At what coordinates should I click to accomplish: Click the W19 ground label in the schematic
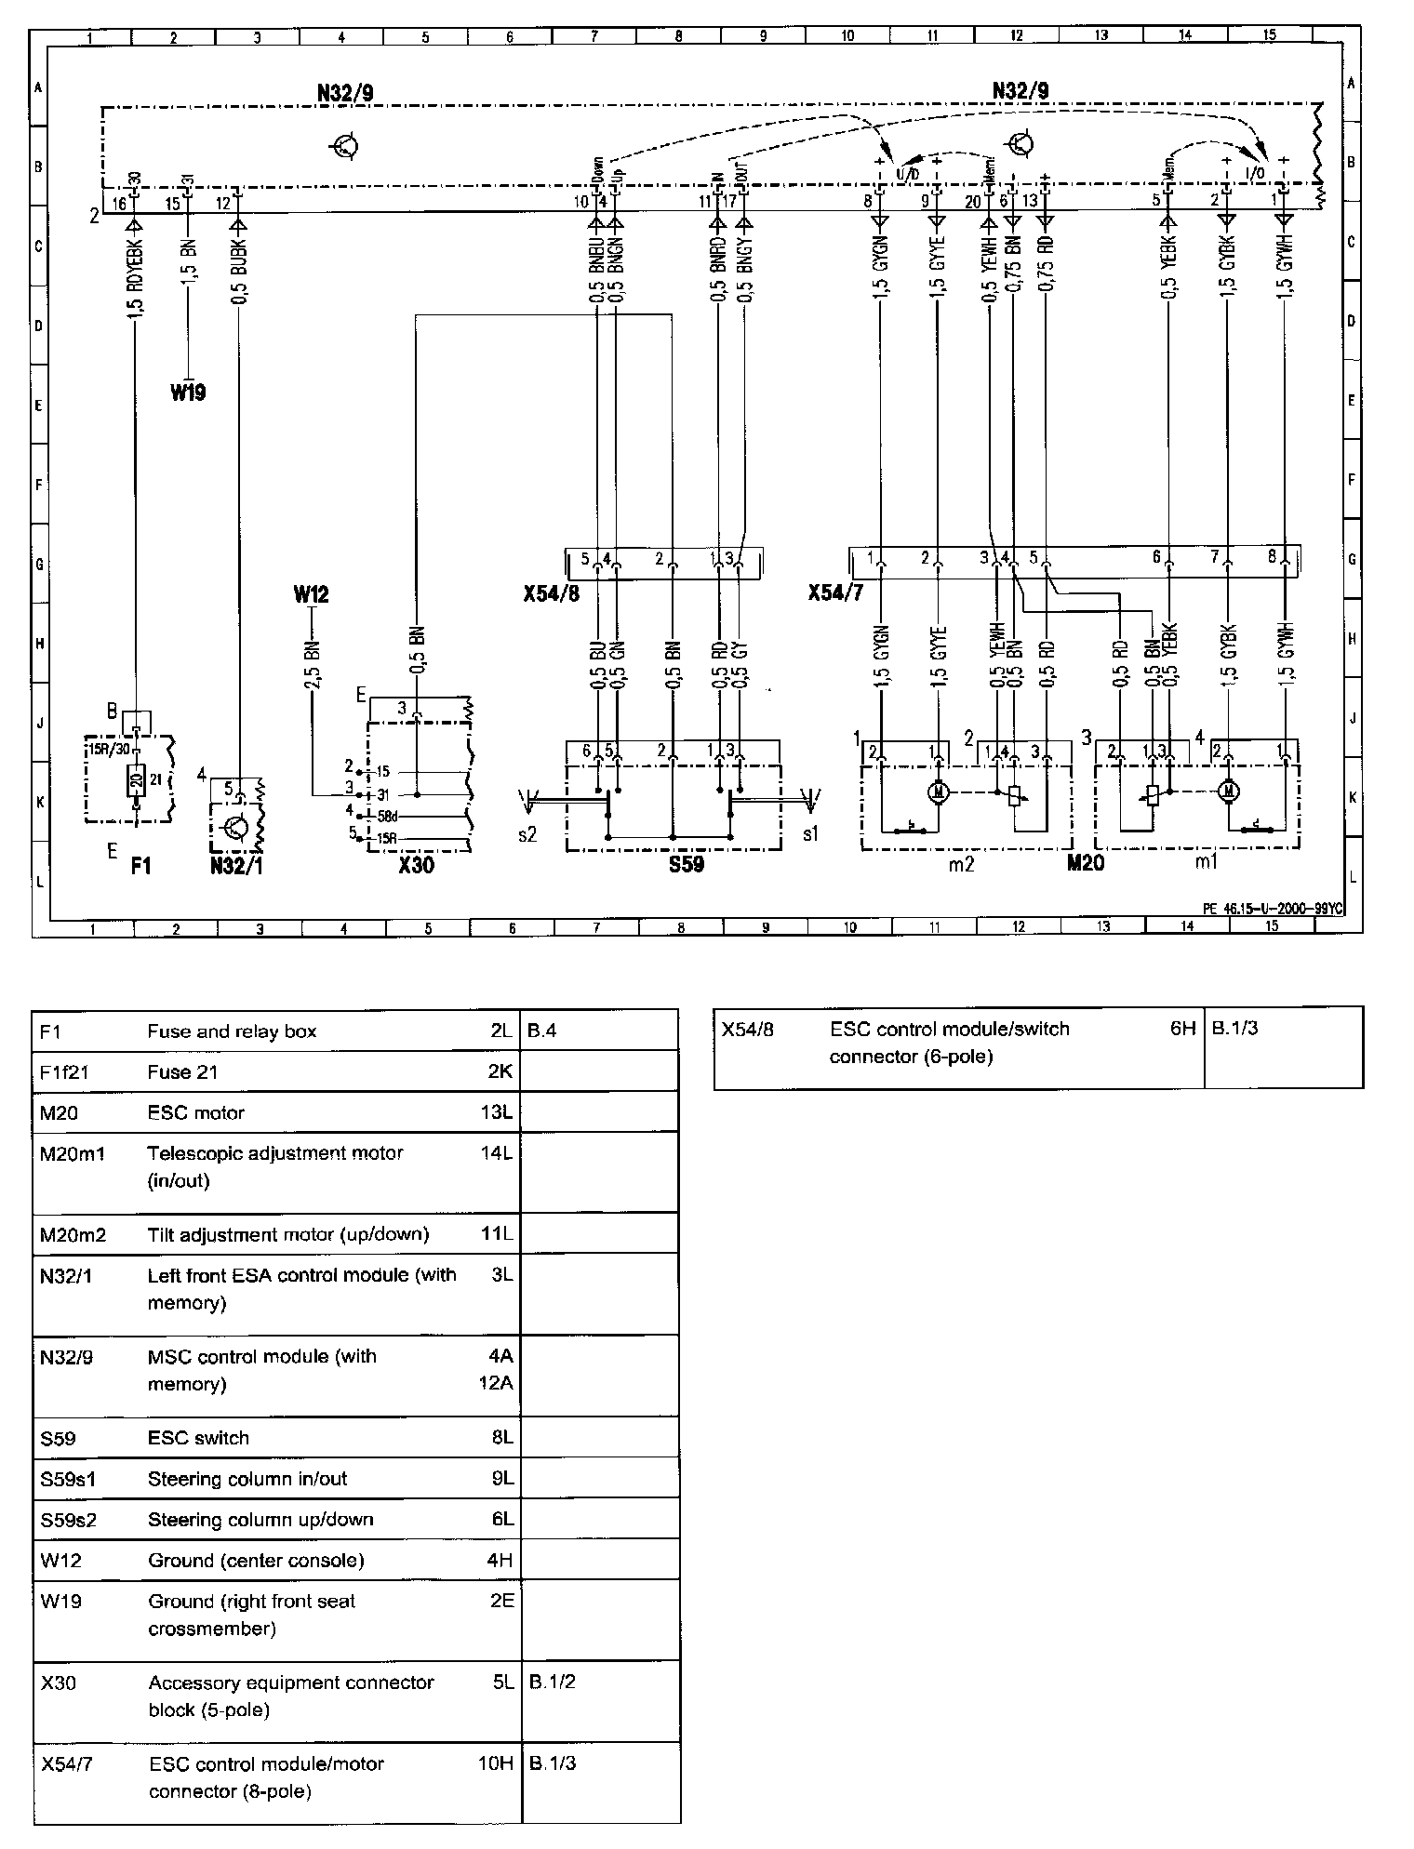coord(188,392)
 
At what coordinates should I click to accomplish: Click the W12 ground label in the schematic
coord(311,594)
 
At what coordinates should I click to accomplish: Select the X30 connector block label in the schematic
coord(416,865)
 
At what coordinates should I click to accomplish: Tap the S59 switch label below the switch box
coord(686,865)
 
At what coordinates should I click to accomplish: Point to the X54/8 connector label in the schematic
coord(552,592)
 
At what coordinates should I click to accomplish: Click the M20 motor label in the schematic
coord(1085,863)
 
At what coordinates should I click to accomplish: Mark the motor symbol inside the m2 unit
coord(937,792)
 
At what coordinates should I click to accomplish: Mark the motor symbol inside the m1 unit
coord(1228,791)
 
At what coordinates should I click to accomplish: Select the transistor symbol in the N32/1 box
coord(237,825)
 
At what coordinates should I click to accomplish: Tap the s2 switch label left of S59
coord(527,834)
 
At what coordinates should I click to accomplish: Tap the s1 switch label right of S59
coord(810,834)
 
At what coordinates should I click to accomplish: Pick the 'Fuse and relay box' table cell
coord(232,1031)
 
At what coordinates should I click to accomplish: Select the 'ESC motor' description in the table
coord(195,1112)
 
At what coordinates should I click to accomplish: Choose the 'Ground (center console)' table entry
coord(256,1560)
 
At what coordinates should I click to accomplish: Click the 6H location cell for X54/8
coord(1182,1030)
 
